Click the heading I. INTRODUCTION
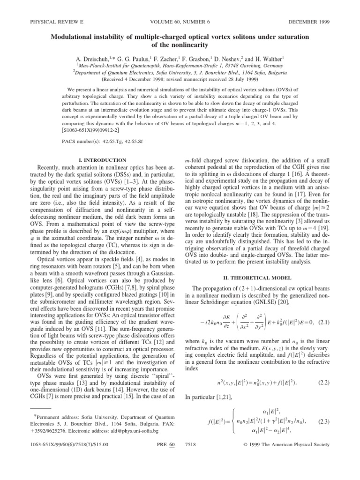[103, 160]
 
